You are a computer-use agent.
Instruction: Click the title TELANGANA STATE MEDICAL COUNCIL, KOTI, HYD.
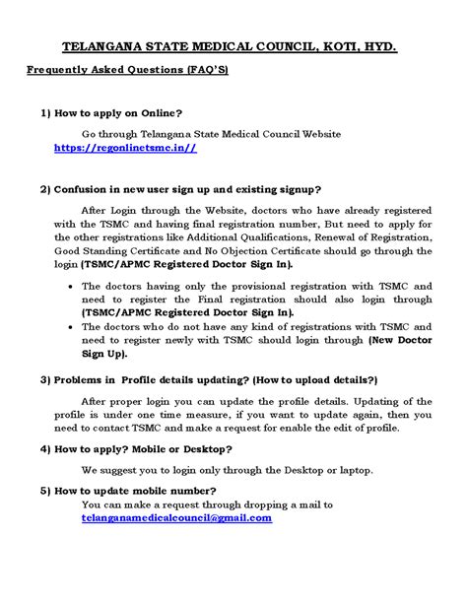tap(230, 46)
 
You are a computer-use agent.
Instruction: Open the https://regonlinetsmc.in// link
tap(124, 147)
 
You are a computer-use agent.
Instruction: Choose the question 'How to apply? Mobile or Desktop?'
tap(150, 447)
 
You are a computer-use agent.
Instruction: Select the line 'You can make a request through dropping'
tap(207, 503)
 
